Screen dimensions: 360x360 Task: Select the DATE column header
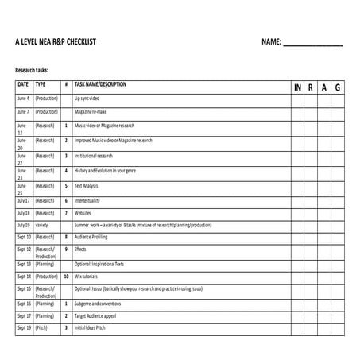(23, 83)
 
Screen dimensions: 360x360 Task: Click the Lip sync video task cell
(88, 99)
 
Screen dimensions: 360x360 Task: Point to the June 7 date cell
(23, 112)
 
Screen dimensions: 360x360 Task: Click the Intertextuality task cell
(88, 201)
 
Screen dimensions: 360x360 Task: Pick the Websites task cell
(83, 213)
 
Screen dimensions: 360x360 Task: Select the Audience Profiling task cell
(94, 237)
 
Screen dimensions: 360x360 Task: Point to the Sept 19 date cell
(24, 327)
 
